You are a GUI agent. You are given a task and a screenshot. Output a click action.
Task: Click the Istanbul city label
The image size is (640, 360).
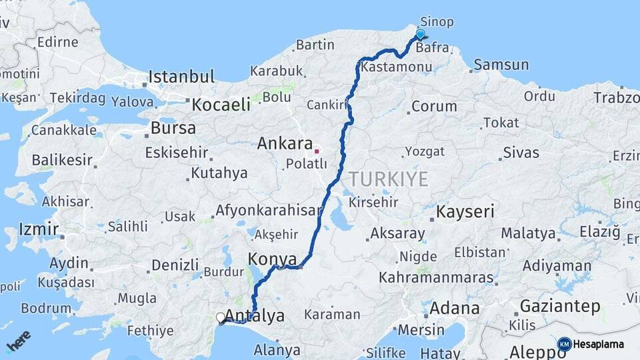coord(181,77)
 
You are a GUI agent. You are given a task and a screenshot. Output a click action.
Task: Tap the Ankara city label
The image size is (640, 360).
coord(285,143)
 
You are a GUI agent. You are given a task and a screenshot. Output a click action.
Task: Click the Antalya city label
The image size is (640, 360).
coord(255,315)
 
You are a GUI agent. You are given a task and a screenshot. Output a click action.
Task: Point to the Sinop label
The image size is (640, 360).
coord(437,22)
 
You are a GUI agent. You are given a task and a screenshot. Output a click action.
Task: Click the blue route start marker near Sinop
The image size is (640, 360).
coord(420,35)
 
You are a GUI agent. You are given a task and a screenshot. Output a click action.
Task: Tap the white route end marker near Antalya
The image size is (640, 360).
coord(221,318)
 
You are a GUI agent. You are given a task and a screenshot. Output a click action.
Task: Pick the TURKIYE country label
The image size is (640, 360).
coord(387,178)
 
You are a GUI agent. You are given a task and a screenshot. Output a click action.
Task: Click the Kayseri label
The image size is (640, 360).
coord(465,212)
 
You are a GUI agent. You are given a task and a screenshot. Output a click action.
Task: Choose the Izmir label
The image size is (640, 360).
coord(35,229)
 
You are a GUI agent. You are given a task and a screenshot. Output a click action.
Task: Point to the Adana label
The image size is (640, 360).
coord(454,308)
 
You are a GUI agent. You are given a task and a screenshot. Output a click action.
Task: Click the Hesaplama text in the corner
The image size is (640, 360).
coord(599,345)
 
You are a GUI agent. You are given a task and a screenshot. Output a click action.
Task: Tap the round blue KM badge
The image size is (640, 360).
coord(564,345)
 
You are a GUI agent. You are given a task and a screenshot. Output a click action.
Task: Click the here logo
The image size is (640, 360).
coord(18,341)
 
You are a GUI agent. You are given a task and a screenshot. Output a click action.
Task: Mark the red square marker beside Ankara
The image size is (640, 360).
coord(317,151)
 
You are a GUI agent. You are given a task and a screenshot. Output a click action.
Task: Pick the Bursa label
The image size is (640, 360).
coord(173,127)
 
